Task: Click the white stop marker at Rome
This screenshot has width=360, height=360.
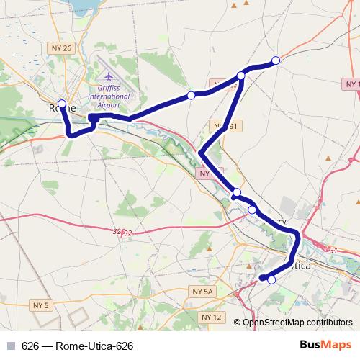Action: tap(62, 104)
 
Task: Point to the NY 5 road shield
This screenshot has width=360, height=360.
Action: tap(42, 306)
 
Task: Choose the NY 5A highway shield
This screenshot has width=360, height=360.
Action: tap(204, 291)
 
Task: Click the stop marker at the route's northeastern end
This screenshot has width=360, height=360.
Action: tap(275, 60)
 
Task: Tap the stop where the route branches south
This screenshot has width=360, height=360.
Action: tap(241, 75)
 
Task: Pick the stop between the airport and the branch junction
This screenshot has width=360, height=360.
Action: tap(191, 95)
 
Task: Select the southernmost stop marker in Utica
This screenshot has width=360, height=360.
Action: tap(271, 280)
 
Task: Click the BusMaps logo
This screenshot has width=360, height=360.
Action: tap(325, 345)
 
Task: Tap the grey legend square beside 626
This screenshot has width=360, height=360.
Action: tap(11, 346)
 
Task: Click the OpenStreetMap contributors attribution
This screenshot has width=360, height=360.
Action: tap(297, 323)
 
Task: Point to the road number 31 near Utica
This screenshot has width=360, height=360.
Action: tap(333, 250)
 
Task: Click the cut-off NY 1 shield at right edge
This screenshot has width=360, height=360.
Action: tap(351, 84)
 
